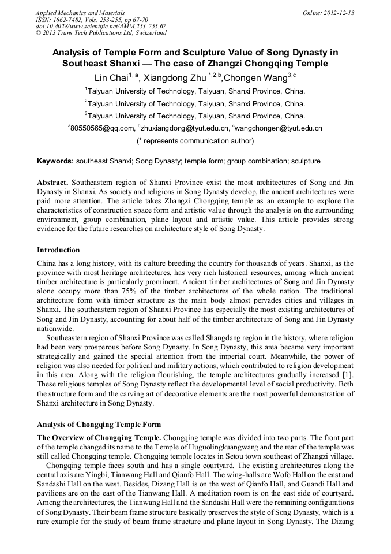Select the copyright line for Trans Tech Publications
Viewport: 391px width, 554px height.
coord(100,33)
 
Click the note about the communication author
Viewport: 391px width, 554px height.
coord(195,140)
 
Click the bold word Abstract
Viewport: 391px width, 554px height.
coord(53,183)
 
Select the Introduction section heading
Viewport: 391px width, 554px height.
coord(58,250)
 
